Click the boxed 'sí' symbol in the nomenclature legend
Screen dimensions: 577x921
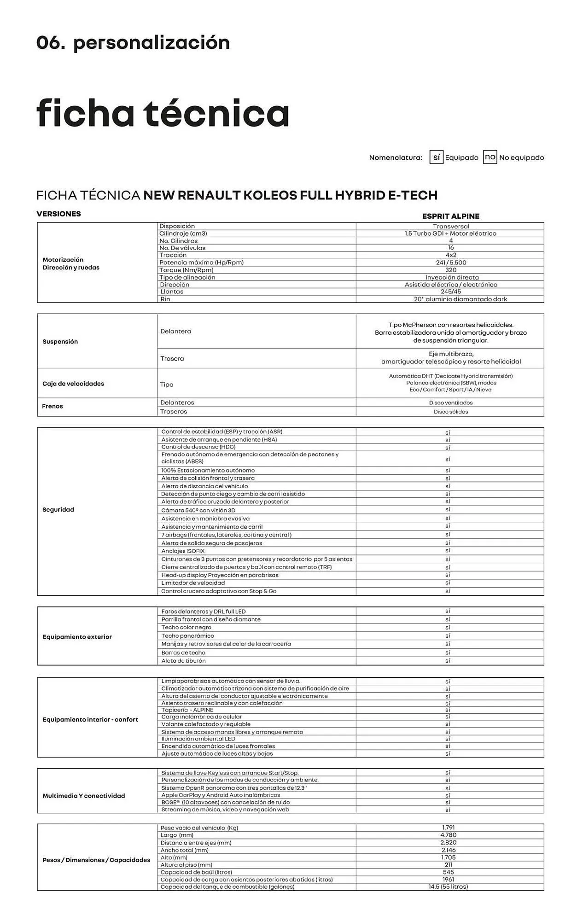point(436,157)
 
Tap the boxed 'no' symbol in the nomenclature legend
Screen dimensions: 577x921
point(490,157)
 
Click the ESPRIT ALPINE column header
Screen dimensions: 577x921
point(450,216)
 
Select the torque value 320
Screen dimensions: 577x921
point(450,270)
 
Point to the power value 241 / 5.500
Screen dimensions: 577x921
point(450,262)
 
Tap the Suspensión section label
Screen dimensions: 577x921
point(60,342)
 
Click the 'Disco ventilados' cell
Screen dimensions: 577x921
point(450,403)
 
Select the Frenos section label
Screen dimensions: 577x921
point(52,406)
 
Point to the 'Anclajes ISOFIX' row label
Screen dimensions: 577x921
point(183,551)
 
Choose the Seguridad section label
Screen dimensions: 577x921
point(58,510)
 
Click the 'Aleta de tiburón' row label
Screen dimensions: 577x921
point(183,661)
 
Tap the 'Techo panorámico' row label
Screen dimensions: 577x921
point(187,636)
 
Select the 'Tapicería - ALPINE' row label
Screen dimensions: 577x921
point(187,710)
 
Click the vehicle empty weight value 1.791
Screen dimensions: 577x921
point(448,828)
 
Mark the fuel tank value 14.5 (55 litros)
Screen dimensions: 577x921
point(448,886)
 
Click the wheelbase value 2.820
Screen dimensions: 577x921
point(448,842)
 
